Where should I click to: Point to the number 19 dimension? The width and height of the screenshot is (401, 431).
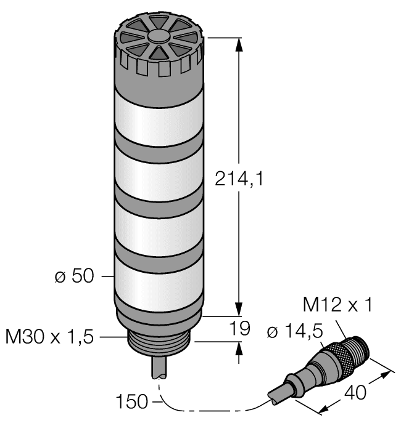(239, 329)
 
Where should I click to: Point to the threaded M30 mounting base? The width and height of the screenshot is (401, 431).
(159, 342)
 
